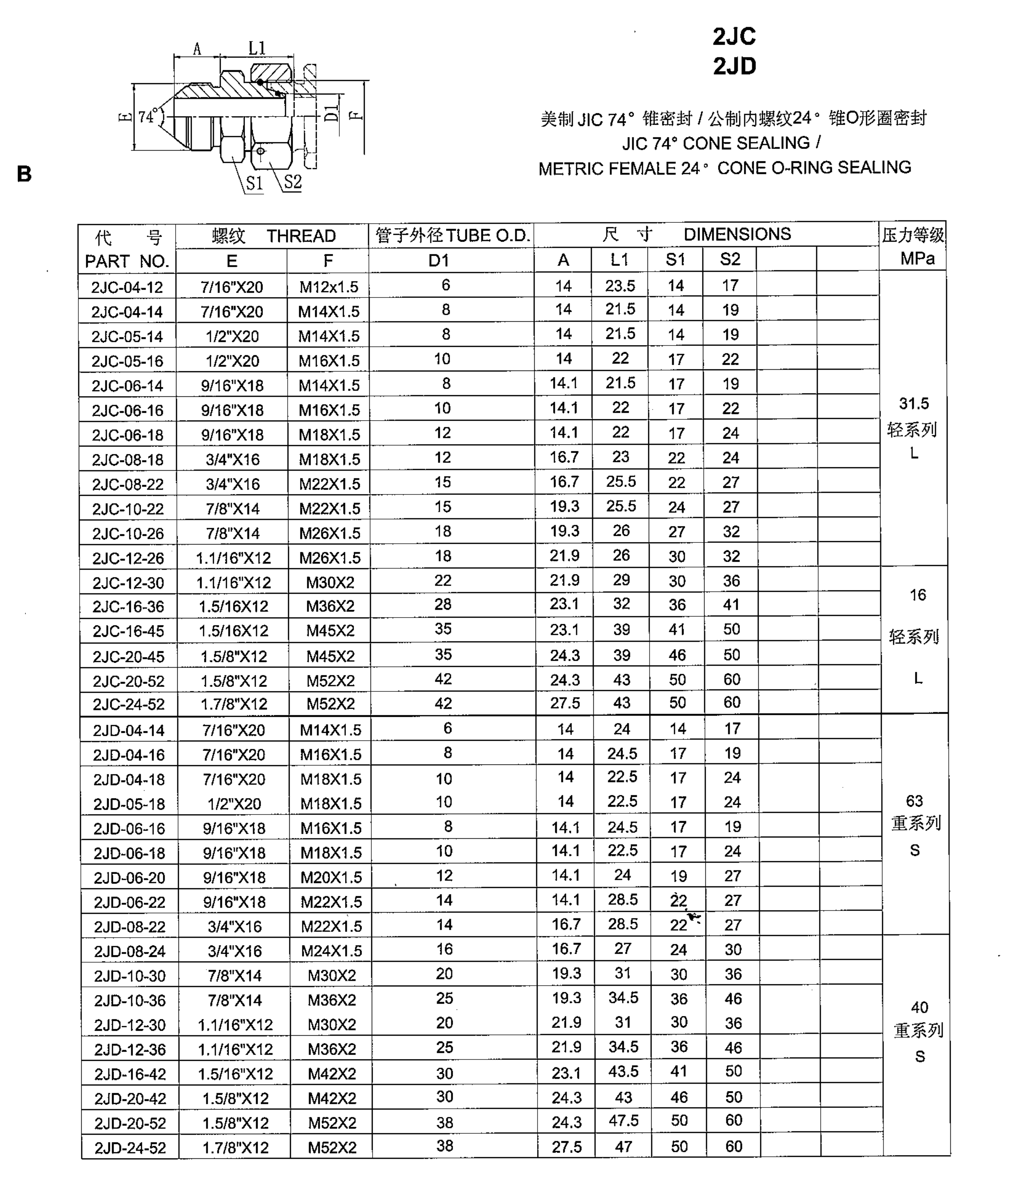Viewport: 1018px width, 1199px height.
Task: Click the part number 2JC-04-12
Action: (127, 287)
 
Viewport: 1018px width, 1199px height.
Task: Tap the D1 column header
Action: (439, 261)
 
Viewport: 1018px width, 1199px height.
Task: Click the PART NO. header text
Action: (127, 261)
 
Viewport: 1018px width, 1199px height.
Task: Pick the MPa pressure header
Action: (917, 259)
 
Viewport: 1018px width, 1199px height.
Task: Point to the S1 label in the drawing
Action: (254, 183)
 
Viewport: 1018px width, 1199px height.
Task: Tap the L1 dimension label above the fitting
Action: (257, 48)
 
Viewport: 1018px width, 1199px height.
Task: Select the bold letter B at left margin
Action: (24, 174)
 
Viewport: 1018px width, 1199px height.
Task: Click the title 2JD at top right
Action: (734, 66)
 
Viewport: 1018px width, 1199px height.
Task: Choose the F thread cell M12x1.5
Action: (328, 287)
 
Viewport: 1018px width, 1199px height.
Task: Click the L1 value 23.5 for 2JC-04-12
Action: (620, 286)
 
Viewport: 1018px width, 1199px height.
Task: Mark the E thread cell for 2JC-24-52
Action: (234, 704)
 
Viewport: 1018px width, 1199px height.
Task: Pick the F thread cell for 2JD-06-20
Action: (331, 877)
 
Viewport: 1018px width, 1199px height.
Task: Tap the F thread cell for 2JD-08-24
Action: (331, 951)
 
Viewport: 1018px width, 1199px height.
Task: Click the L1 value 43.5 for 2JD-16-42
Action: (623, 1071)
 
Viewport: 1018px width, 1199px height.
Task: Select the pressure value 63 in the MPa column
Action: (914, 801)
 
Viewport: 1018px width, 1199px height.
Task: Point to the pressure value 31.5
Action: (913, 403)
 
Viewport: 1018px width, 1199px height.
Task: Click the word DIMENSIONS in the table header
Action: (737, 234)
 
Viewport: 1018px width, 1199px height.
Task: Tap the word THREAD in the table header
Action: (301, 236)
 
